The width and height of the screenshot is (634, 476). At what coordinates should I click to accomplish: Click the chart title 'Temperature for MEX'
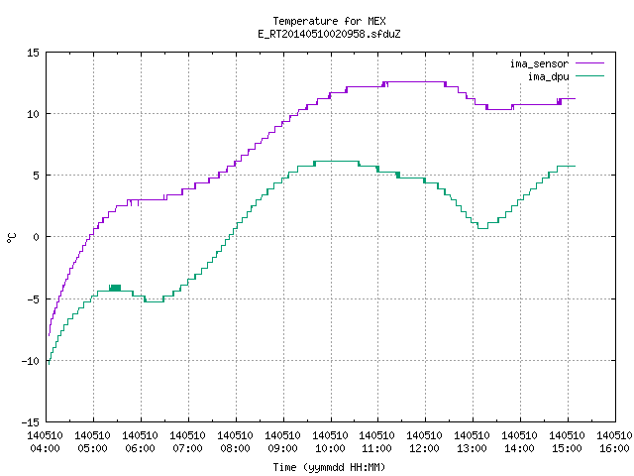(x=329, y=21)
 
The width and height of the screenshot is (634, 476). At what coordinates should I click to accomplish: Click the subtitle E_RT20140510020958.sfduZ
(x=329, y=34)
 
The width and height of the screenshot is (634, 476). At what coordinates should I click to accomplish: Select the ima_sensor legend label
(x=539, y=63)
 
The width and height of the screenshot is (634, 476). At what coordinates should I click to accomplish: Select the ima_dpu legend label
(x=548, y=76)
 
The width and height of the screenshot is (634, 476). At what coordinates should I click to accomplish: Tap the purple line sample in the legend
(x=589, y=63)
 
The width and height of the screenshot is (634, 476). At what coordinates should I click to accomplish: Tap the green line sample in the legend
(x=589, y=75)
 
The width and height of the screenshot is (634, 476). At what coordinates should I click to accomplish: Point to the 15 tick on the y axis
(x=33, y=53)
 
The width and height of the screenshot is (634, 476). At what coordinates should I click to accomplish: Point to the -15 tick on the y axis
(x=31, y=422)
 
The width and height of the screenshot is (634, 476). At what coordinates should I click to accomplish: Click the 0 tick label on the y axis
(x=36, y=237)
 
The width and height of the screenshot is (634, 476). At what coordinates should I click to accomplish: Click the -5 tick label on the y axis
(x=33, y=299)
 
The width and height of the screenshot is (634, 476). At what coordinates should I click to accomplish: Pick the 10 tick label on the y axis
(x=33, y=114)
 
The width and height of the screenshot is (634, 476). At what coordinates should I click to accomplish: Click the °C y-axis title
(x=11, y=238)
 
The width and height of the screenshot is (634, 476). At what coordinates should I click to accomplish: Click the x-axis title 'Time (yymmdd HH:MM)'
(x=329, y=467)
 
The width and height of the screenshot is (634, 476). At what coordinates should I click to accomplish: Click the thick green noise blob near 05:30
(x=115, y=288)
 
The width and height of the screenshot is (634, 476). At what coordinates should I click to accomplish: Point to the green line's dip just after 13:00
(x=482, y=228)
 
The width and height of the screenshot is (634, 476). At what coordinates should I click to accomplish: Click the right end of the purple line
(x=575, y=98)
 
